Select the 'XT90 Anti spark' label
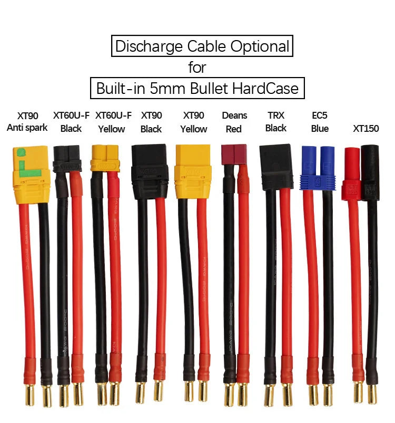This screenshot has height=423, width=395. point(27,121)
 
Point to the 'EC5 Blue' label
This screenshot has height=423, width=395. point(320,122)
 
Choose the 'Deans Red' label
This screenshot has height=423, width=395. point(234,122)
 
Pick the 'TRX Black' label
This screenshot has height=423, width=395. point(276,121)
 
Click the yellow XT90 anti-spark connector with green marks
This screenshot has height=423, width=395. point(31,175)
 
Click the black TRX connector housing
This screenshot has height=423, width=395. point(276,166)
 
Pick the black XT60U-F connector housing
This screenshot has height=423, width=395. point(67,158)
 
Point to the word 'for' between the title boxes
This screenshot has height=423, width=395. point(197,68)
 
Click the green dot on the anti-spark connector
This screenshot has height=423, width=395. point(21,153)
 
